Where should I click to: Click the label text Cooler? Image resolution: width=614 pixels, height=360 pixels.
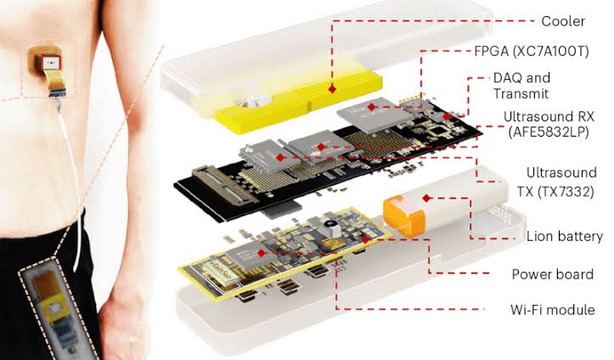[563, 21]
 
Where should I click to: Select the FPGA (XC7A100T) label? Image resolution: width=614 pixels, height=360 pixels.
[532, 51]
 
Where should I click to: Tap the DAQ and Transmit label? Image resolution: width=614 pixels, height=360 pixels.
[521, 86]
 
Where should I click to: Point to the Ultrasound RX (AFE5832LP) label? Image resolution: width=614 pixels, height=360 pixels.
[549, 124]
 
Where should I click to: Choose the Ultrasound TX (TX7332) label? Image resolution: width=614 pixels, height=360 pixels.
[557, 182]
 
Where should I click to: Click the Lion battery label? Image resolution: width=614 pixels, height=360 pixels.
[565, 236]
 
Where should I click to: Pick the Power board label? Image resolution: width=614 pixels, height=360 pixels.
[553, 274]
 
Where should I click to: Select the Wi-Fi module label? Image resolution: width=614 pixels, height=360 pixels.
[553, 310]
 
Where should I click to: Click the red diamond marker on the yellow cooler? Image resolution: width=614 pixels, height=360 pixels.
[332, 89]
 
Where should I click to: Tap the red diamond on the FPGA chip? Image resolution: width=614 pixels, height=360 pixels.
[372, 107]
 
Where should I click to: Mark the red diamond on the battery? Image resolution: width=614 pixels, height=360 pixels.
[427, 198]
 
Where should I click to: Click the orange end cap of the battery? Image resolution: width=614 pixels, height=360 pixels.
[403, 215]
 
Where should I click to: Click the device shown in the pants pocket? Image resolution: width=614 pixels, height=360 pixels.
[58, 310]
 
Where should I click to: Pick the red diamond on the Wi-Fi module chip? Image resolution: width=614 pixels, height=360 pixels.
[262, 253]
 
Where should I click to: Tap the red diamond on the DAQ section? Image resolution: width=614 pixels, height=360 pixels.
[447, 116]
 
